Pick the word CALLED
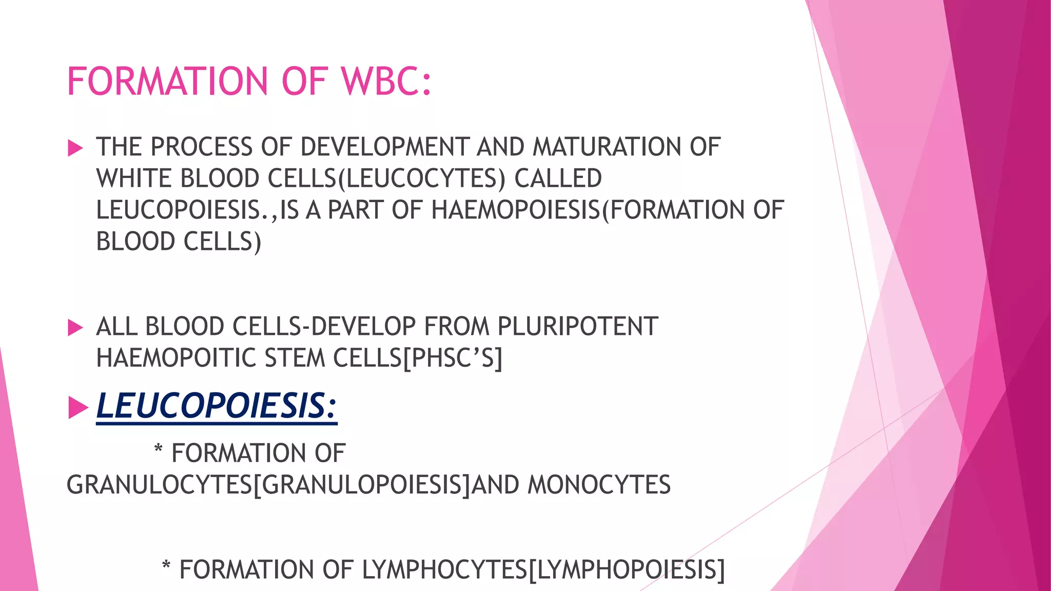click(558, 179)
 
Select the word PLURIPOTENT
click(578, 327)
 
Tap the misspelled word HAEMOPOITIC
click(176, 358)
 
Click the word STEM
click(294, 358)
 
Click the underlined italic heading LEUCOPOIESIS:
click(217, 406)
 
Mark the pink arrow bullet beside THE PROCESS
click(75, 148)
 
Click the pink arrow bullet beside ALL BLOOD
click(75, 328)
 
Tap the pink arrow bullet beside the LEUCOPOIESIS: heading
click(78, 408)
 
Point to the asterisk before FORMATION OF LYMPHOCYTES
click(166, 566)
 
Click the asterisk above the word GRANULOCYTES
click(159, 450)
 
